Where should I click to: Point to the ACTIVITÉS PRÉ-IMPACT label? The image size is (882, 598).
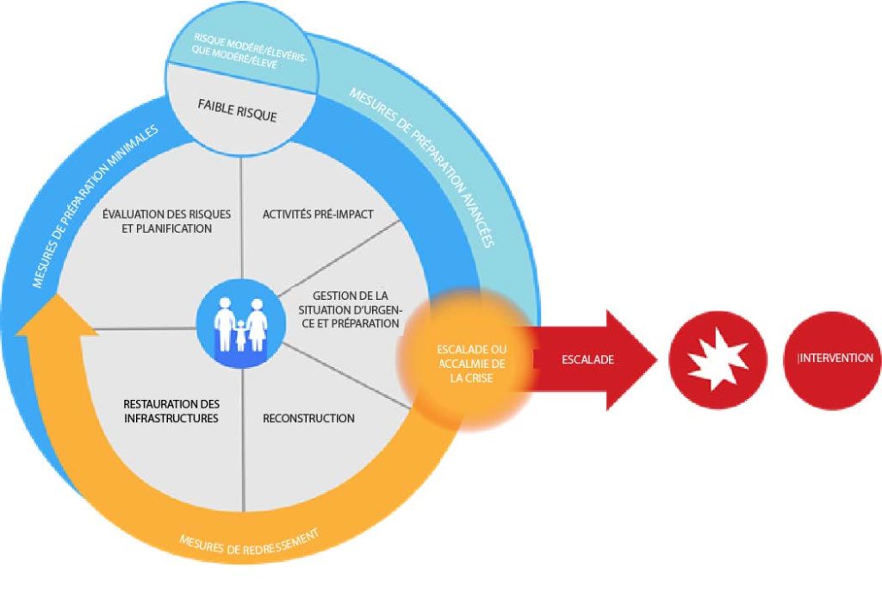click(318, 214)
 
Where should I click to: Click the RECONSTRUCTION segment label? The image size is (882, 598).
click(308, 418)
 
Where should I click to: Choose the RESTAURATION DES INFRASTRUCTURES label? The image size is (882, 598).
click(171, 411)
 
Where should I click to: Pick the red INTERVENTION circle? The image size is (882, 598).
click(835, 359)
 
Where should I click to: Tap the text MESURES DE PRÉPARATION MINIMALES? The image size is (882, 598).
click(95, 207)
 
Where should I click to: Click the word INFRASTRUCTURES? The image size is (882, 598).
click(171, 419)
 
